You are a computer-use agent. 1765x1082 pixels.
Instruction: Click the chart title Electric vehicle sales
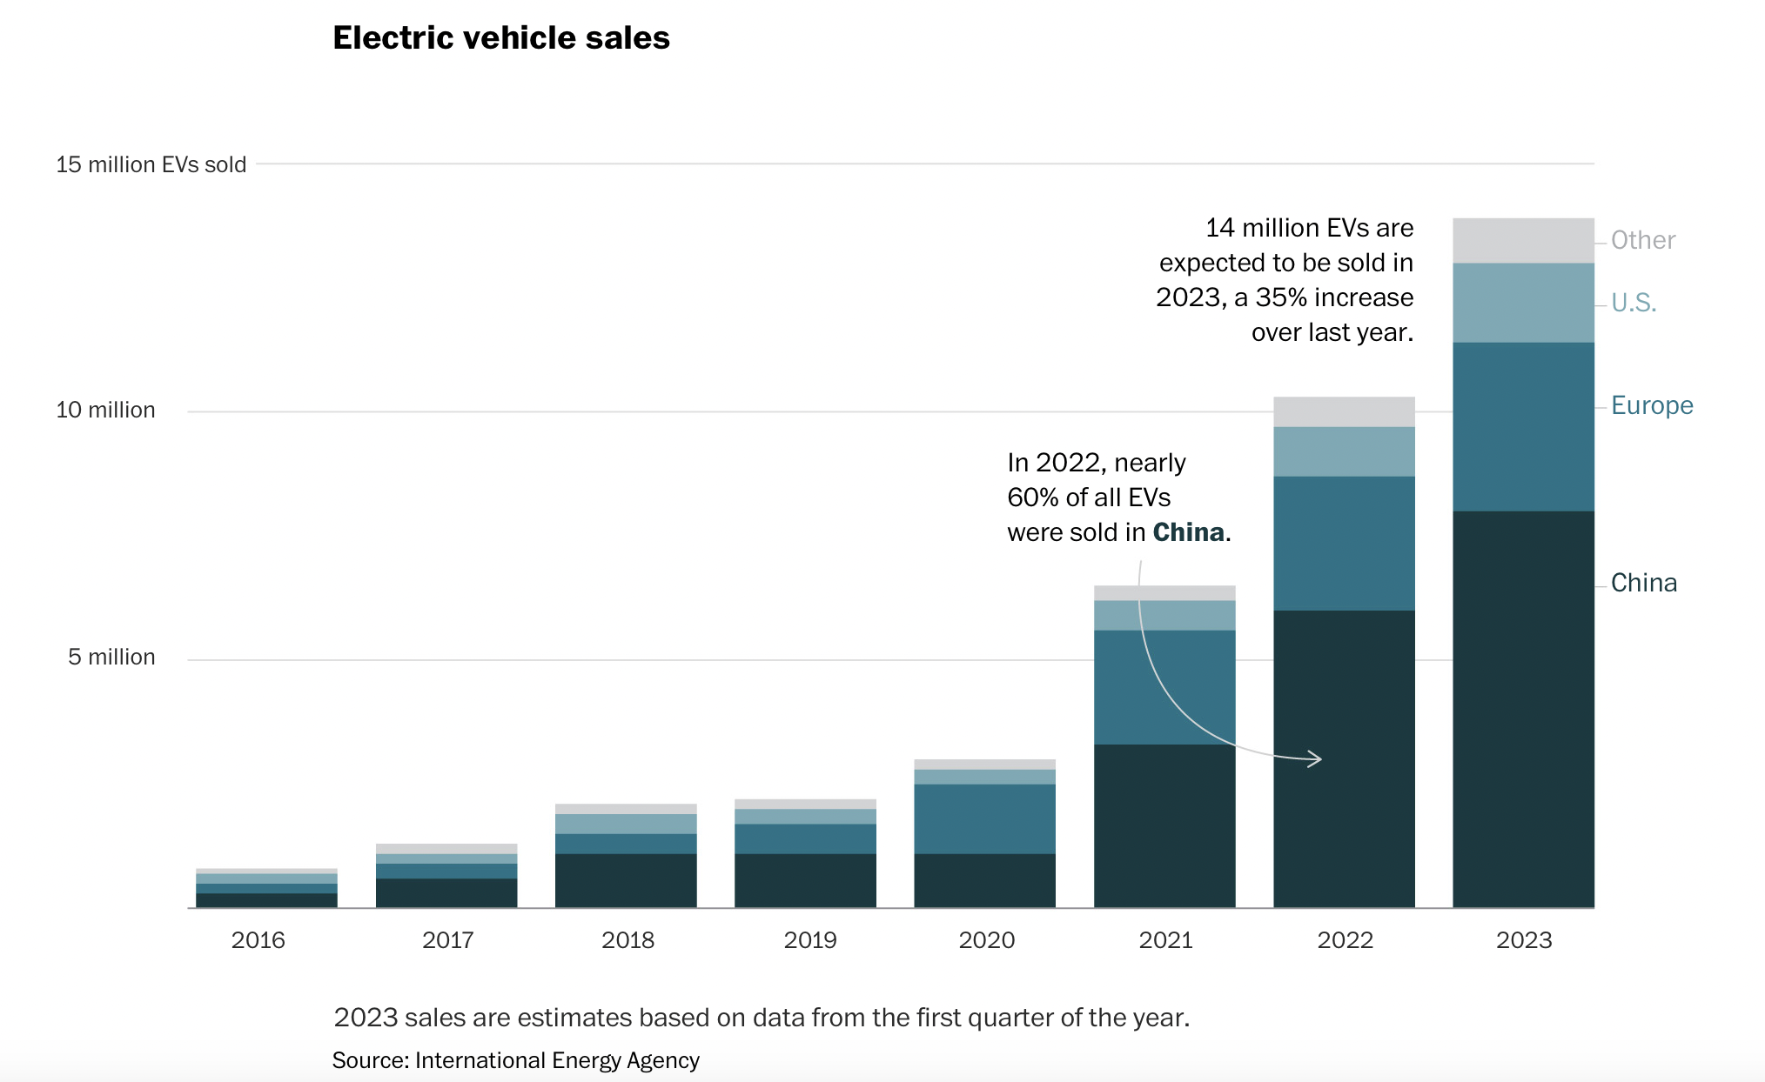501,38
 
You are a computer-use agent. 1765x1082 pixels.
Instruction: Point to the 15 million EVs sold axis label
151,164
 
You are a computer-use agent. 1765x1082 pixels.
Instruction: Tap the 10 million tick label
105,410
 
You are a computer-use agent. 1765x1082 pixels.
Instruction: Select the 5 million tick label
111,657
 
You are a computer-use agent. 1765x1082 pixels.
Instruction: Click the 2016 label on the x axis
258,940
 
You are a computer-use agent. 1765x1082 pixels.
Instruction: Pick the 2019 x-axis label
809,940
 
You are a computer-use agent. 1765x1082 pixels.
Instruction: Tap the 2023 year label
1523,940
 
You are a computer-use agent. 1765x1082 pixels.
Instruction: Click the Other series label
1642,240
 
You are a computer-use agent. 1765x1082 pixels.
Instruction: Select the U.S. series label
1633,303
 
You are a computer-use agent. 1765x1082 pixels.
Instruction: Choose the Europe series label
1651,405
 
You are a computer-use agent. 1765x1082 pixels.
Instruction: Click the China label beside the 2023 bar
1643,583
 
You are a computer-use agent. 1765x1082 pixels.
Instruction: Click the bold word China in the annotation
1188,532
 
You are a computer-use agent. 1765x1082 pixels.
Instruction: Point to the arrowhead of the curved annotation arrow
1318,759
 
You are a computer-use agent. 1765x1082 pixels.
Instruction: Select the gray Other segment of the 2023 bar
1523,240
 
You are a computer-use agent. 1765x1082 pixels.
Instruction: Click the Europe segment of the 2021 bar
1164,687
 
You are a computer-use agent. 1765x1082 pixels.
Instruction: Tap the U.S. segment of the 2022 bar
1344,451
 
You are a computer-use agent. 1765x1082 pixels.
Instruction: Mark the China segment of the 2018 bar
626,880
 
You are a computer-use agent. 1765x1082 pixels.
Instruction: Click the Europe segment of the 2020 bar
984,818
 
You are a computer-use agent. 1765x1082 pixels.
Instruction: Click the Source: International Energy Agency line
515,1060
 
